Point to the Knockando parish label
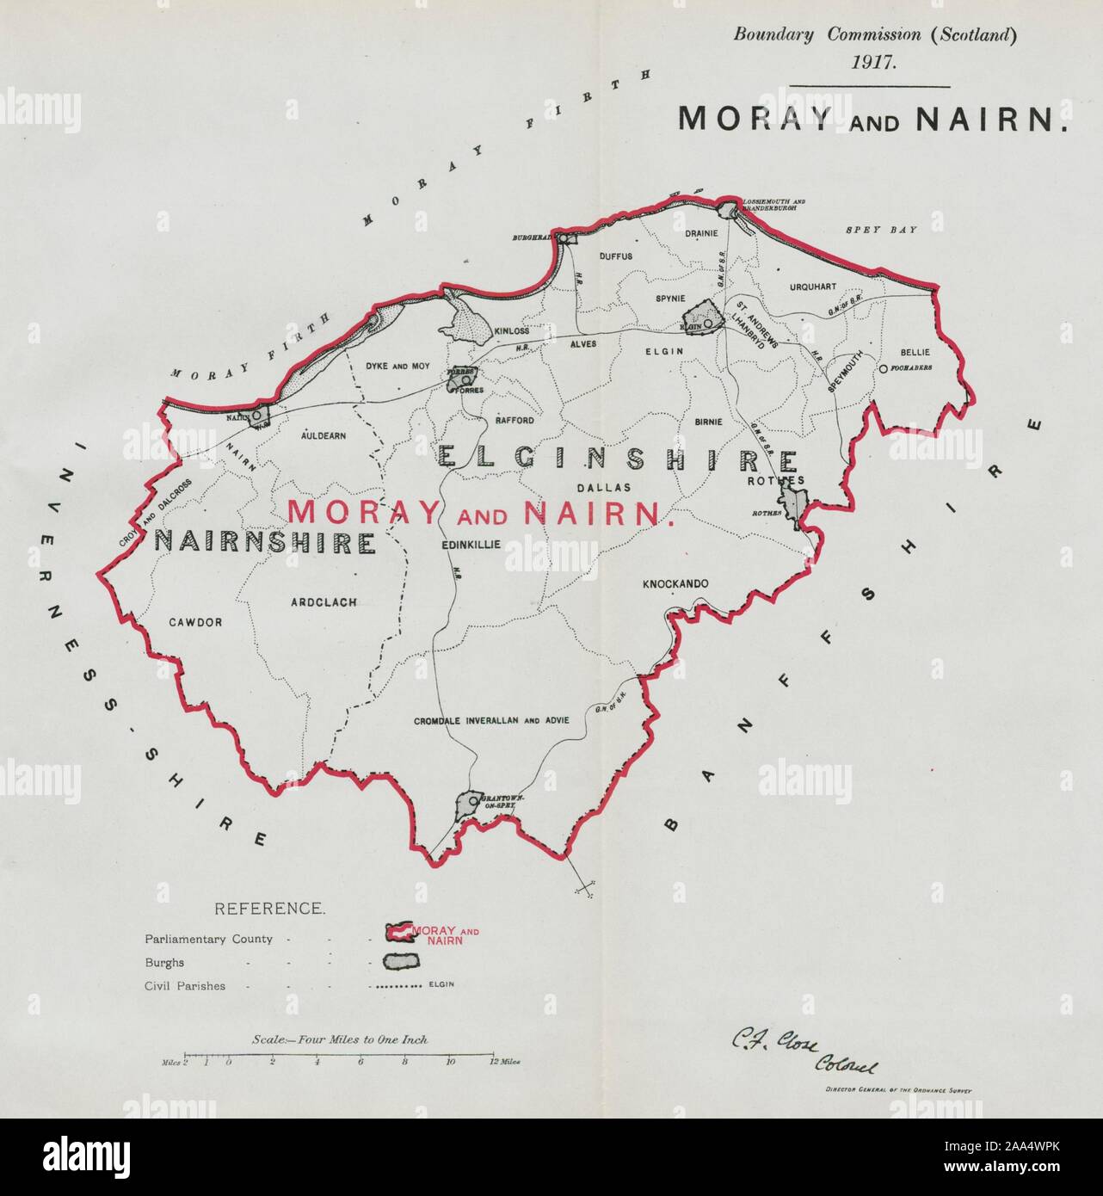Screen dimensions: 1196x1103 675,584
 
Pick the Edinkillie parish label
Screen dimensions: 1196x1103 470,545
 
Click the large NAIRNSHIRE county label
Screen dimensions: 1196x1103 265,542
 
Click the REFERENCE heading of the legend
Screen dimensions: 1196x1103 269,909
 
